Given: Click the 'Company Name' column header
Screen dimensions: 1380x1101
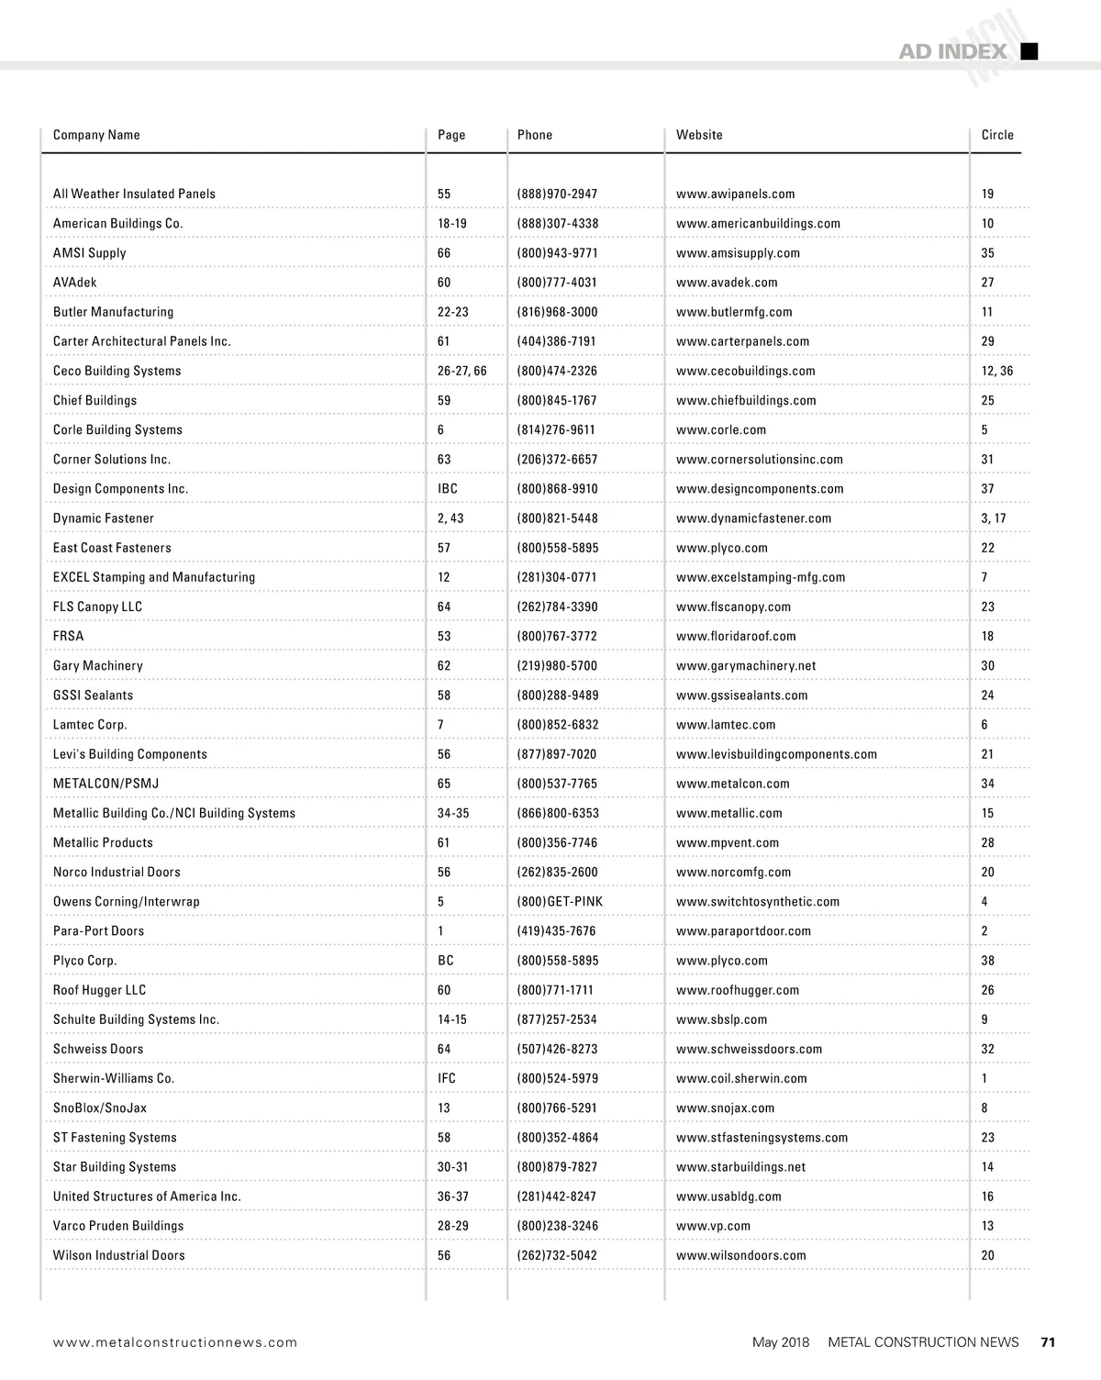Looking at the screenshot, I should [x=96, y=135].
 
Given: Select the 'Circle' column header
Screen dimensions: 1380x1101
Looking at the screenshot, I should [x=997, y=135].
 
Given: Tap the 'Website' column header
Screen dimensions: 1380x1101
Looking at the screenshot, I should [x=699, y=135].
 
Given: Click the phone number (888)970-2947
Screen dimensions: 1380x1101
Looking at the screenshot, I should [x=557, y=194].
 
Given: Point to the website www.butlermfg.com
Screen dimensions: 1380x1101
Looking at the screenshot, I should [x=734, y=312].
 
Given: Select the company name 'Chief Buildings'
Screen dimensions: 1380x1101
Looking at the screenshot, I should [x=95, y=400].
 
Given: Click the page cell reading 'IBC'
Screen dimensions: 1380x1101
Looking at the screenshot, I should [x=448, y=489].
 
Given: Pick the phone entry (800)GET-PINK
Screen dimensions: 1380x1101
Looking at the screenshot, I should [x=560, y=902].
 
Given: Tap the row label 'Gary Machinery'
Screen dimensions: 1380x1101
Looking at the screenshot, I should [x=98, y=666].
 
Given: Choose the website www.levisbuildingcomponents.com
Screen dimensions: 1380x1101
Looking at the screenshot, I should [x=776, y=754].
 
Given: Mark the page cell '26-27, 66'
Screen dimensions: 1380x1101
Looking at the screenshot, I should [x=462, y=371].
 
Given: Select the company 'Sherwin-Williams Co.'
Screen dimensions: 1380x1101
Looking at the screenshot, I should [x=114, y=1078].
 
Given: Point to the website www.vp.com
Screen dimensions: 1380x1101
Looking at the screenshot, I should [x=713, y=1226].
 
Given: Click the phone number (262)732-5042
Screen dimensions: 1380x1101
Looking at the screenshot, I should [x=557, y=1255].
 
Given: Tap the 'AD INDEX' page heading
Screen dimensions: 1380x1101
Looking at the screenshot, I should [x=952, y=51].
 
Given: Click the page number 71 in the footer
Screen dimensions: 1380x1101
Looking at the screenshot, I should [x=1048, y=1341].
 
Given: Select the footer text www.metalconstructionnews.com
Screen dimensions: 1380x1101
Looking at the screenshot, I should [x=175, y=1342].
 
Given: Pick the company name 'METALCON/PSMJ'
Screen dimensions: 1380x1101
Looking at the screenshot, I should [x=106, y=784].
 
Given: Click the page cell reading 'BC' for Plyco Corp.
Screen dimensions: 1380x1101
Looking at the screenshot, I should [x=446, y=961].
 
